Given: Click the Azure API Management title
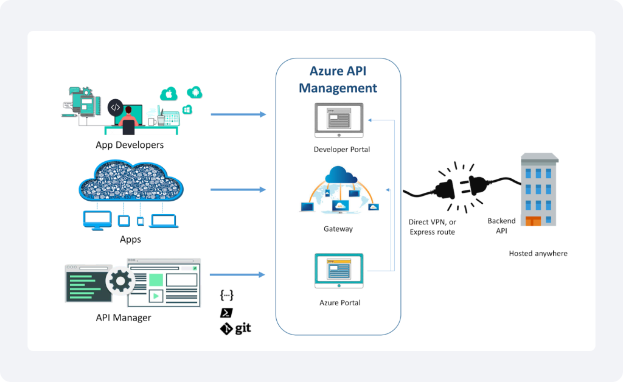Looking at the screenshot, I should click(x=338, y=80).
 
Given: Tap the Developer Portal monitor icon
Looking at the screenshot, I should click(x=338, y=120).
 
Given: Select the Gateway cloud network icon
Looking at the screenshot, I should click(x=340, y=190).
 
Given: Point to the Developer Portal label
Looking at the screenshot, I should click(x=341, y=150).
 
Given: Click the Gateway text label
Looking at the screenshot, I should click(x=338, y=229).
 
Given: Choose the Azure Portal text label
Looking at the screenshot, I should click(x=339, y=302).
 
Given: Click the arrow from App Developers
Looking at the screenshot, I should click(x=238, y=114).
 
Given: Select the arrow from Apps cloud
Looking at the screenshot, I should click(x=238, y=190).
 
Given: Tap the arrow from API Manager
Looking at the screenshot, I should click(x=238, y=275).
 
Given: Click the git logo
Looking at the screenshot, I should click(x=235, y=329).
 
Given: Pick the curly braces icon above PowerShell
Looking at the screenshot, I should click(x=226, y=296).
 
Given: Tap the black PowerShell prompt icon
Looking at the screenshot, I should click(x=226, y=313).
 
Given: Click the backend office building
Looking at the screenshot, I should click(x=538, y=190).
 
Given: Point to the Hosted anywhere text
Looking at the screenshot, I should click(x=538, y=253).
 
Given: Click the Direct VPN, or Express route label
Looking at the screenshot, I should click(x=432, y=227).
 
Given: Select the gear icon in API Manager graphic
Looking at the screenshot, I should click(x=120, y=281).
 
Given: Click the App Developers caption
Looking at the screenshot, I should click(x=130, y=145).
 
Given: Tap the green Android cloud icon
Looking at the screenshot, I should click(x=195, y=92).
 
